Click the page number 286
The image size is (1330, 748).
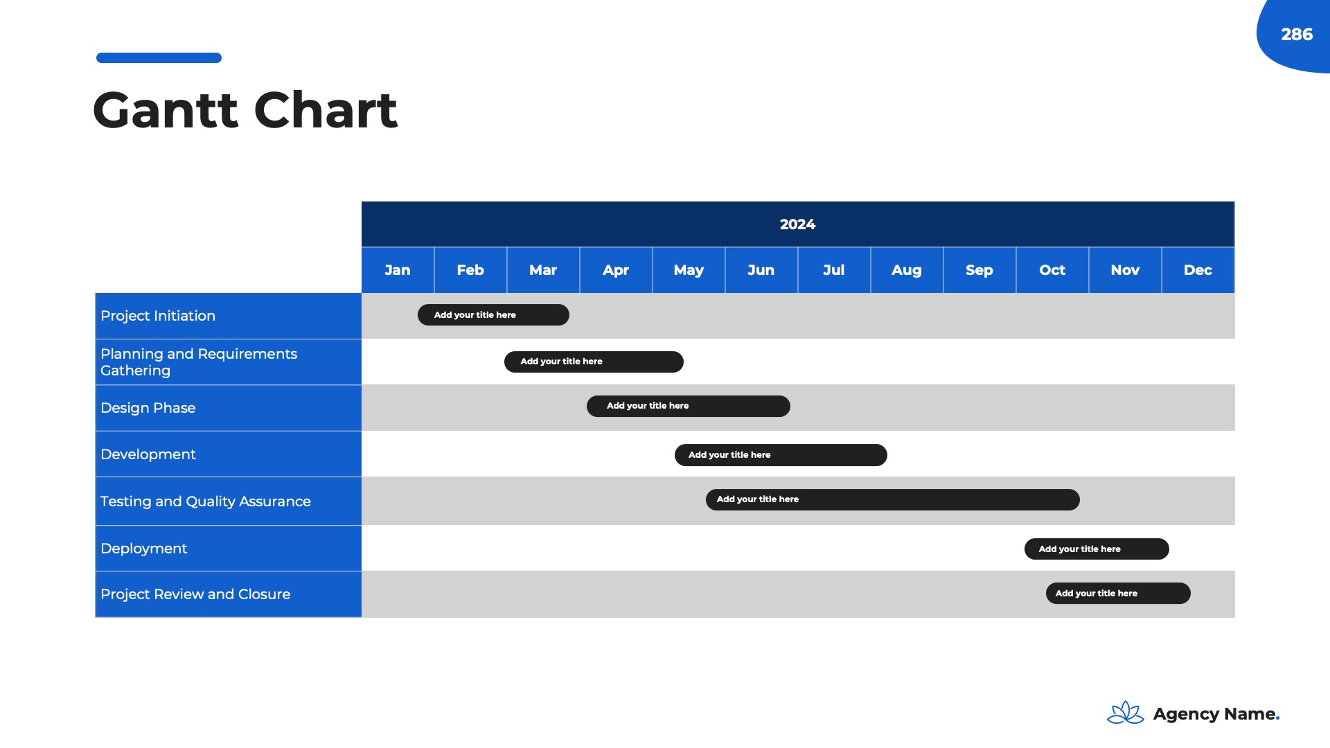(1297, 35)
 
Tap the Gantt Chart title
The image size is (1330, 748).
(245, 110)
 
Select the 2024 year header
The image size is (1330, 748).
(797, 224)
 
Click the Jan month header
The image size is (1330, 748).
(398, 270)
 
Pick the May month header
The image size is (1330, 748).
(689, 271)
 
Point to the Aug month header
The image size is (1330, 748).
(907, 271)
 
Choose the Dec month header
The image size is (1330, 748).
(1198, 270)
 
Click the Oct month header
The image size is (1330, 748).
(1052, 270)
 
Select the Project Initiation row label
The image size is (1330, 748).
(158, 316)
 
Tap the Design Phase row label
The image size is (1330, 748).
(148, 408)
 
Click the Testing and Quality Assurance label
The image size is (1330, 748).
(206, 501)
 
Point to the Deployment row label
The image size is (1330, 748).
(144, 549)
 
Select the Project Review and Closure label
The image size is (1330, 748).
(195, 594)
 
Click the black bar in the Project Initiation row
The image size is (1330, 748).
(493, 315)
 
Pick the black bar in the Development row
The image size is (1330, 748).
(781, 455)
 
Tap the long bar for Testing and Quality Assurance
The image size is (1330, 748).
(893, 500)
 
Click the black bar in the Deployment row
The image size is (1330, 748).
(1097, 549)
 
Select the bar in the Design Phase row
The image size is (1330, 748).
(689, 407)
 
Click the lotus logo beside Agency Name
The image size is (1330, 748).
(1126, 713)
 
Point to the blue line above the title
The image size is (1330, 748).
(159, 58)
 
